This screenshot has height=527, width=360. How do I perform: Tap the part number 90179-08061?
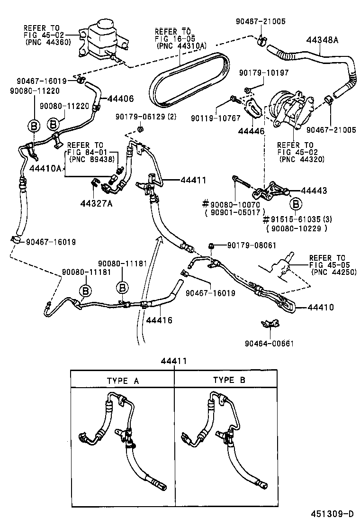click(x=251, y=245)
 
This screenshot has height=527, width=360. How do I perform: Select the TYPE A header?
click(x=123, y=381)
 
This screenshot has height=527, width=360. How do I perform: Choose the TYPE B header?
click(x=229, y=381)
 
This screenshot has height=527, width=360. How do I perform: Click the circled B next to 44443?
click(x=296, y=205)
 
